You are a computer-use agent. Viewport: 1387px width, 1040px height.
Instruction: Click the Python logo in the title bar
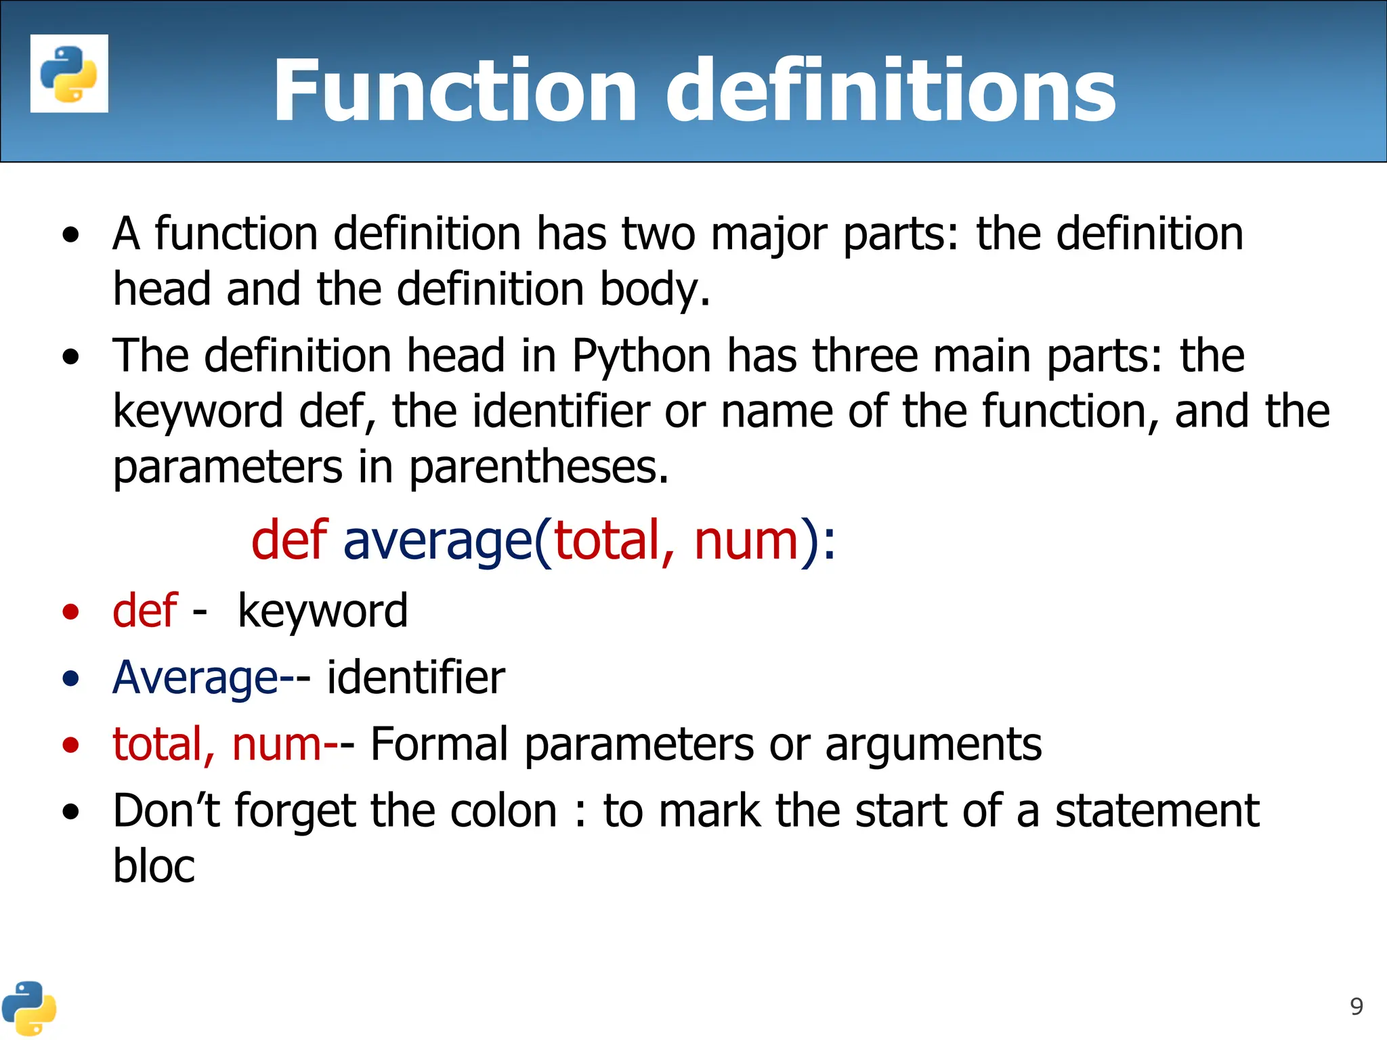coord(69,74)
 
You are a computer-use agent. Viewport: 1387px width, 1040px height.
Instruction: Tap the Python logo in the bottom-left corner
coord(28,1008)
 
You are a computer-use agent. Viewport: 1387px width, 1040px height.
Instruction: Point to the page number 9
coord(1357,1007)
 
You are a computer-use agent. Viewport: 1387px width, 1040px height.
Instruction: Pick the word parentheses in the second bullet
coord(539,467)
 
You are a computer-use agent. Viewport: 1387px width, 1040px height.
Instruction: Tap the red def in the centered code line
coord(289,540)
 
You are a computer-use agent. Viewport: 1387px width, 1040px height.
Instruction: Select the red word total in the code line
coord(607,540)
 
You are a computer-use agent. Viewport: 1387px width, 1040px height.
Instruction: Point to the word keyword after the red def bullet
coord(322,611)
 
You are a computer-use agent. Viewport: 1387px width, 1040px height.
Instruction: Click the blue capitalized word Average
coord(195,678)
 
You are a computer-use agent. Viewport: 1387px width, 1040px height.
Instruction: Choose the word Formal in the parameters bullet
coord(439,744)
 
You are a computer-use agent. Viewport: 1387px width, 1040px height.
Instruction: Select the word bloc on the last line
coord(154,866)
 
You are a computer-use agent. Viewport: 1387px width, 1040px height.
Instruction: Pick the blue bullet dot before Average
coord(70,678)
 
